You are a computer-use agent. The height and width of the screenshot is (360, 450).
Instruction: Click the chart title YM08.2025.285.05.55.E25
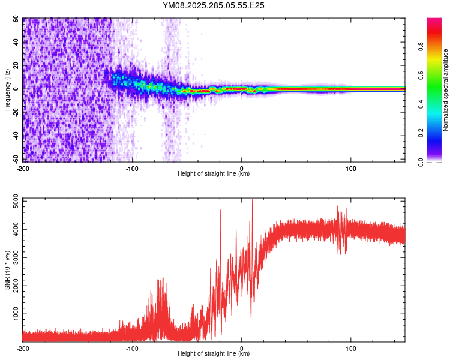(x=214, y=6)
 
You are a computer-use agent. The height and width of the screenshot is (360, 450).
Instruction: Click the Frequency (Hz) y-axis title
(x=7, y=90)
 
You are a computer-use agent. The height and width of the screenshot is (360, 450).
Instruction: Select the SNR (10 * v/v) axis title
(x=7, y=270)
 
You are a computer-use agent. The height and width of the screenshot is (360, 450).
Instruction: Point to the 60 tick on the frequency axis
(x=16, y=19)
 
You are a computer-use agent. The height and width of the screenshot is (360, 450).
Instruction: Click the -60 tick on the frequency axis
(x=15, y=158)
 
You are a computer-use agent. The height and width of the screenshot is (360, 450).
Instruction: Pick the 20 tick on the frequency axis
(x=16, y=65)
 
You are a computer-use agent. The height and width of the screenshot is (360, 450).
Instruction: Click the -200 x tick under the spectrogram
(x=23, y=167)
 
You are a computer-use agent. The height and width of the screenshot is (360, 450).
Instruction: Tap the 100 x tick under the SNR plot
(x=351, y=348)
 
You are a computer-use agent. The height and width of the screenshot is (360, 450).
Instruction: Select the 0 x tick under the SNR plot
(x=242, y=348)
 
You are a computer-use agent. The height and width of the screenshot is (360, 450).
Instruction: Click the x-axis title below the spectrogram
(x=214, y=174)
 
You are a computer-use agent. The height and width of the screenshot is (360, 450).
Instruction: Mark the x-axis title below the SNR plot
(x=214, y=354)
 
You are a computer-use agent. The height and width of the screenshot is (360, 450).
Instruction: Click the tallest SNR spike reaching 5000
(x=252, y=199)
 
